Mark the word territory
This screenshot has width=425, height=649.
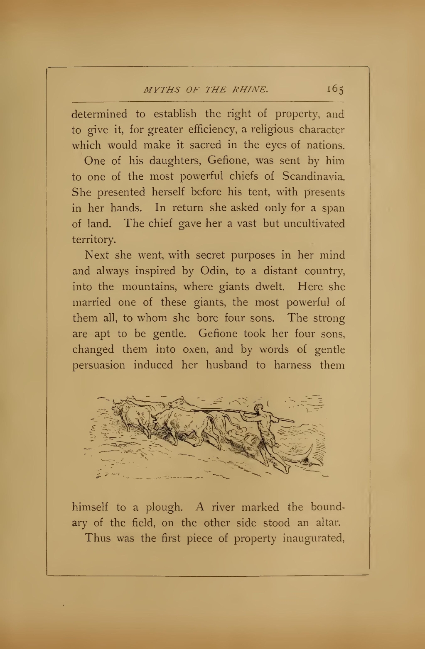pyautogui.click(x=87, y=240)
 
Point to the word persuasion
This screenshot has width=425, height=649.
pyautogui.click(x=99, y=366)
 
